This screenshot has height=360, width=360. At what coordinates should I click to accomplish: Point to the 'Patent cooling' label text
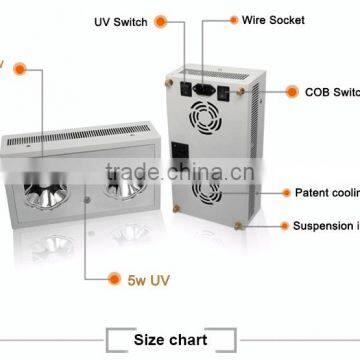point(326,190)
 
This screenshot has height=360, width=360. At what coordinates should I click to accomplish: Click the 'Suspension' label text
point(326,226)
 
